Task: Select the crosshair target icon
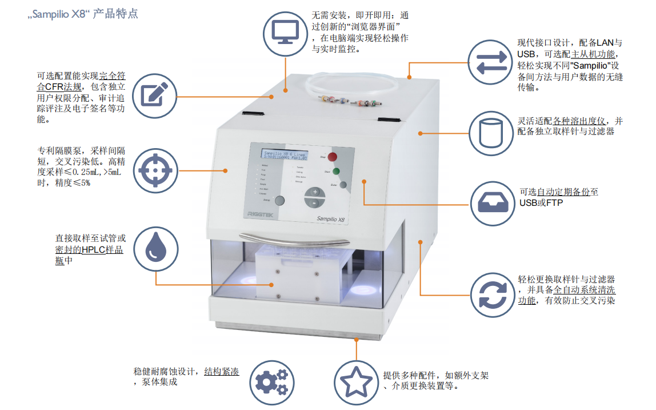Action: (x=155, y=170)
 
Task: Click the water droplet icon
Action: (x=155, y=249)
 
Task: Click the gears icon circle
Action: (x=272, y=381)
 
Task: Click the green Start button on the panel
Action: (x=336, y=171)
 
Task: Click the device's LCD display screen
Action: (x=284, y=156)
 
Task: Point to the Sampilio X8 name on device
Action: (x=333, y=218)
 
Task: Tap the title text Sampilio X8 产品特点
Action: (x=83, y=14)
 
